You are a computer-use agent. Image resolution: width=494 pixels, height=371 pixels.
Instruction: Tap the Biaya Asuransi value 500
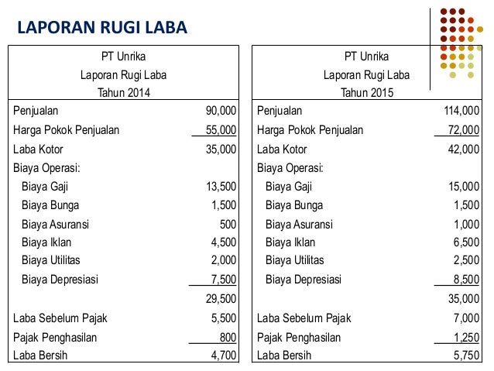pos(228,225)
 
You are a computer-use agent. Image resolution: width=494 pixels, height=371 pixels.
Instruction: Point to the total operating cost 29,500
pos(221,298)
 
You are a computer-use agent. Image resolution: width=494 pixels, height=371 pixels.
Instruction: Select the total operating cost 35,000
pos(463,298)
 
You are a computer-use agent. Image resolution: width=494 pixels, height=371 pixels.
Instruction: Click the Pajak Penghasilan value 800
pos(228,337)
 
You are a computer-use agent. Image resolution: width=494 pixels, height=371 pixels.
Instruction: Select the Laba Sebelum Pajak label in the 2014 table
pos(60,318)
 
